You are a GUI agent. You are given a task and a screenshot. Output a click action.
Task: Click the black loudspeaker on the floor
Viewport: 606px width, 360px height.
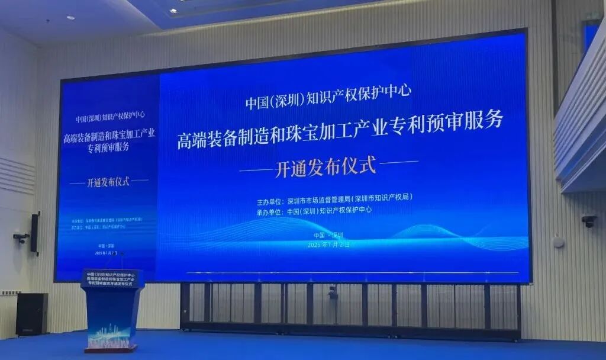(31, 314)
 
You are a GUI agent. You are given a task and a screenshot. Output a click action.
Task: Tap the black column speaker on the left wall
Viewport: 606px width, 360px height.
(36, 233)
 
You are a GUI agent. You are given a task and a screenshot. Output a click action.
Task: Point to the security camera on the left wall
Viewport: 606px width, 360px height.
(21, 238)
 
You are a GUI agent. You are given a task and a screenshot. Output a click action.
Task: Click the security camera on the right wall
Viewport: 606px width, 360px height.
(589, 221)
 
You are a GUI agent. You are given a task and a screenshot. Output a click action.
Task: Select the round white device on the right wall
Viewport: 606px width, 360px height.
(558, 242)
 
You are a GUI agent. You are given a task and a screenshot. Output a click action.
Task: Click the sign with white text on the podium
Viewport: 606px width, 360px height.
(112, 278)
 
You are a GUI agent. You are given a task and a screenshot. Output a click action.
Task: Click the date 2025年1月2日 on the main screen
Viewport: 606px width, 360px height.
(330, 243)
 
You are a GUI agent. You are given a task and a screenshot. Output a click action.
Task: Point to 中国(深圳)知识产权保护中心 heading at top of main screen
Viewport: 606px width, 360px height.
(328, 100)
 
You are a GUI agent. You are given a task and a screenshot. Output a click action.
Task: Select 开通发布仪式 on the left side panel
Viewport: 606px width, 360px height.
(108, 181)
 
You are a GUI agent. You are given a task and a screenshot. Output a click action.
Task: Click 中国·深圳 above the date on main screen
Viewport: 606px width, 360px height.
(330, 234)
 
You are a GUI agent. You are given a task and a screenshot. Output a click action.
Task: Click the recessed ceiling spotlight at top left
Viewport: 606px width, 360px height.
(70, 18)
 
